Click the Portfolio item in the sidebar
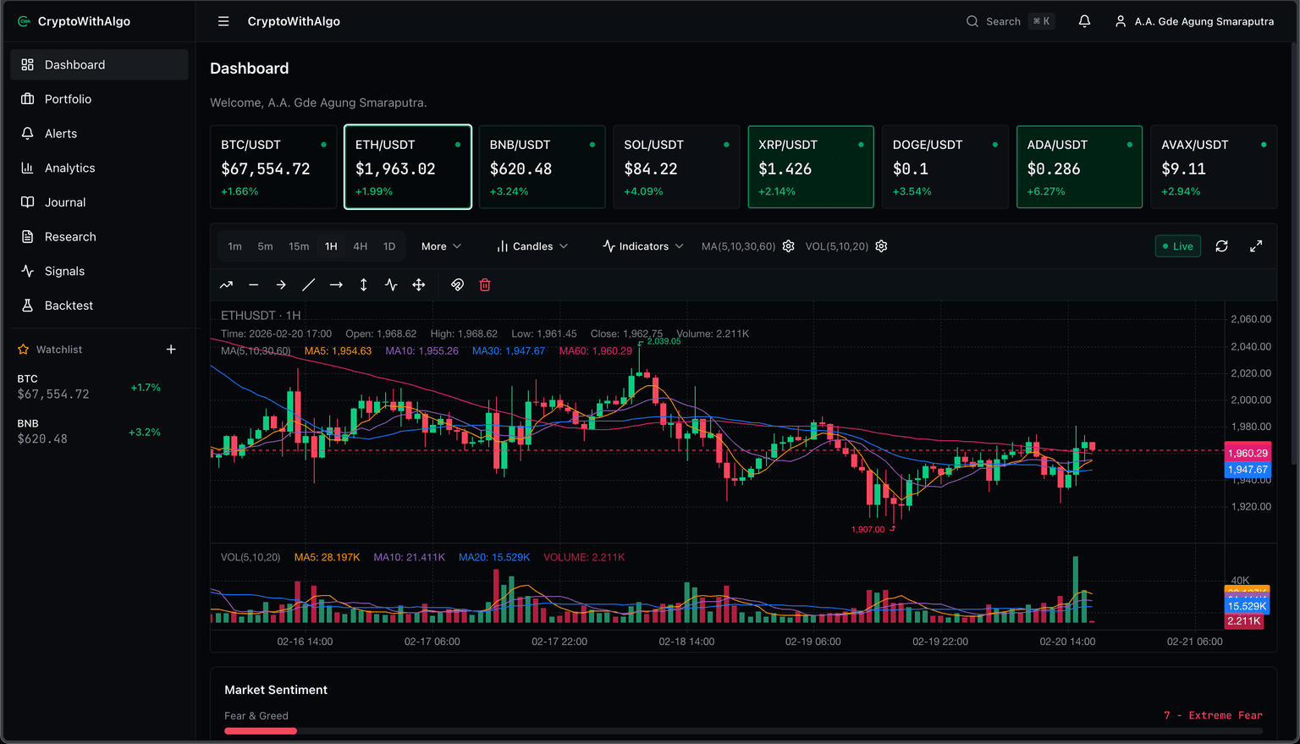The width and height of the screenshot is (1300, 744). tap(68, 99)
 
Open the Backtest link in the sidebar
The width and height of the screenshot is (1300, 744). tap(69, 306)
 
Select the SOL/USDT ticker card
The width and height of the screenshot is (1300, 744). tap(675, 167)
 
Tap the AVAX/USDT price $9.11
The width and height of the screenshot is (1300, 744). tap(1183, 169)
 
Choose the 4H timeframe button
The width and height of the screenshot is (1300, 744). tap(360, 246)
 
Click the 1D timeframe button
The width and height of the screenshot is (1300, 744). tap(389, 246)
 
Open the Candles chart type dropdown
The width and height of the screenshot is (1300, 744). tap(532, 246)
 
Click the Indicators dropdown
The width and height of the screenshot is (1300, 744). tap(643, 246)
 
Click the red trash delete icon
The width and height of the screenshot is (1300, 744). tap(485, 285)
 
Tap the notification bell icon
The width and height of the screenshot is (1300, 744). tap(1084, 21)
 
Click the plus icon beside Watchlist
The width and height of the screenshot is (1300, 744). tap(171, 350)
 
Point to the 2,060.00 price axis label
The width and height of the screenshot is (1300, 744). tap(1250, 319)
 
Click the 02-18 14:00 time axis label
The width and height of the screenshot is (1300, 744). tap(686, 642)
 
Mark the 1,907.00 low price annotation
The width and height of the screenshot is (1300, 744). tap(868, 530)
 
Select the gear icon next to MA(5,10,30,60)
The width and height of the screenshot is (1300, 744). tap(788, 246)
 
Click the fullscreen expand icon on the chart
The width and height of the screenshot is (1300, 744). tap(1256, 246)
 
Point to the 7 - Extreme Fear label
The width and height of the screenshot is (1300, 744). tap(1213, 715)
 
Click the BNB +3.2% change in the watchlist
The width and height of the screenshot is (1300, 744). tap(145, 433)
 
